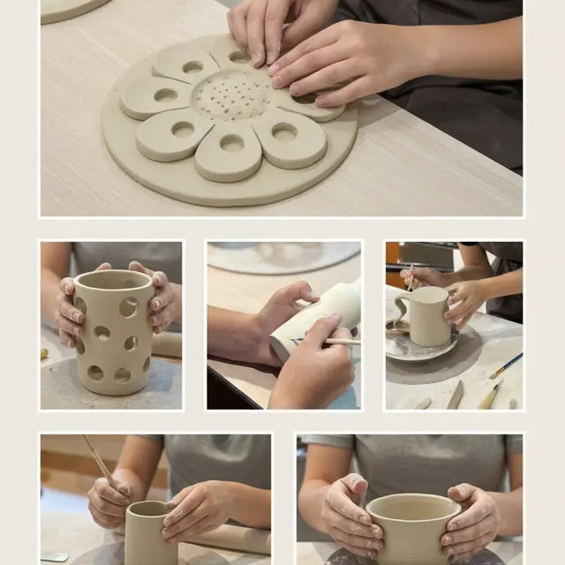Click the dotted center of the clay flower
click(x=232, y=95)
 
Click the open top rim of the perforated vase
click(x=114, y=281)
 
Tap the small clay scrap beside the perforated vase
click(x=44, y=353)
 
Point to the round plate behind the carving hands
click(x=282, y=257)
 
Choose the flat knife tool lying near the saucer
click(x=456, y=394)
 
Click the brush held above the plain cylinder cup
click(x=100, y=460)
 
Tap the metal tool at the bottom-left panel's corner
click(x=54, y=557)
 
